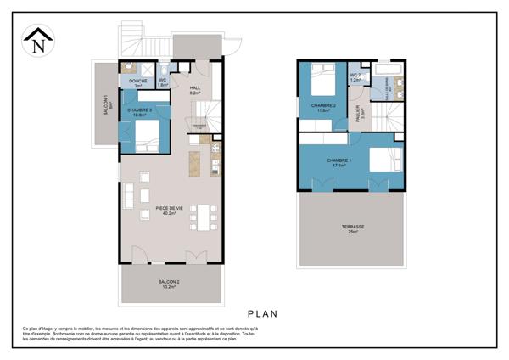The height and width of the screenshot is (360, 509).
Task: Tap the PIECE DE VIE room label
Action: point(170,210)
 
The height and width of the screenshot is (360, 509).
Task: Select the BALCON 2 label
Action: point(168,284)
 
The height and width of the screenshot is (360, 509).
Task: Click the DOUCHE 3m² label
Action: point(137,83)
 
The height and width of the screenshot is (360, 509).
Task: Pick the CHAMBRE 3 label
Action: point(140,112)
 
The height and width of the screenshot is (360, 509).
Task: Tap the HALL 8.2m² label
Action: point(194,90)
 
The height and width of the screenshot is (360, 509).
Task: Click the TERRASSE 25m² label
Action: point(351,228)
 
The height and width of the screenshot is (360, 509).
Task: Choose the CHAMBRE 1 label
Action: point(339,160)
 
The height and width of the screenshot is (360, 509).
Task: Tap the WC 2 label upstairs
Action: point(355,76)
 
